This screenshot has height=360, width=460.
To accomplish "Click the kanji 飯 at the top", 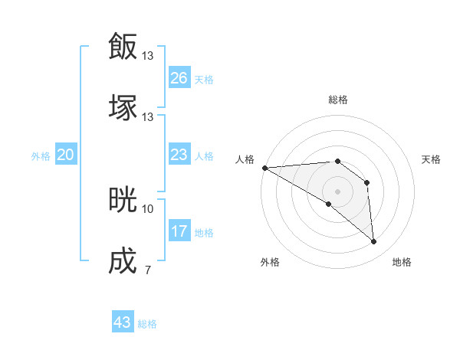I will tap(123, 46).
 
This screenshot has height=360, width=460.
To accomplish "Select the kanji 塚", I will tap(123, 107).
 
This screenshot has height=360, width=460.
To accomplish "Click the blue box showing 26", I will tap(179, 78).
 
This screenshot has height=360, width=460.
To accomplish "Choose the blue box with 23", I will tap(179, 155).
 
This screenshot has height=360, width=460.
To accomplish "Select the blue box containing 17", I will tap(179, 231).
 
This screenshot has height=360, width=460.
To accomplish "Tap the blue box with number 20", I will tap(66, 155).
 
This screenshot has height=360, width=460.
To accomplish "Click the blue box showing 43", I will tap(123, 322).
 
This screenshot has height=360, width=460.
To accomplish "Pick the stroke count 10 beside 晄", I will tap(148, 208).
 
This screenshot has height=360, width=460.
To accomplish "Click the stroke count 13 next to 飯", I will tap(148, 55).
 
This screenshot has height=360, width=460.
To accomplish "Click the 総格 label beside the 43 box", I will tap(147, 324).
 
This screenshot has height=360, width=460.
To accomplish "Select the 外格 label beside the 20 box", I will tap(41, 156).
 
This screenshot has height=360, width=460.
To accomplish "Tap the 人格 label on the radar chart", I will tap(244, 159).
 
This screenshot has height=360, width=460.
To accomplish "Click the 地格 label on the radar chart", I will tap(402, 262).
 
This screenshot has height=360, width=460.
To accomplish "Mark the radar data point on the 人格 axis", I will tap(264, 168).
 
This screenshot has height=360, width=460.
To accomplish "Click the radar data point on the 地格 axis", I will tap(373, 242).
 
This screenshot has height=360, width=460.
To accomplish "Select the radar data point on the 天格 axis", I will tap(366, 182).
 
